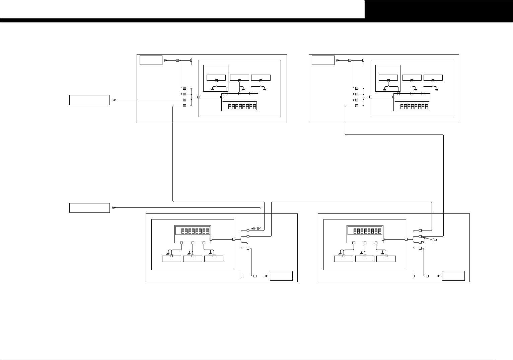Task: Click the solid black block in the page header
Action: tap(439, 9)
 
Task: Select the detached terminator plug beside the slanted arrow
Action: tap(435, 240)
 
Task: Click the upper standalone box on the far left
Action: tap(89, 100)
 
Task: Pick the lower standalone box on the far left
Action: tap(89, 208)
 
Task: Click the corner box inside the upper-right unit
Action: tap(323, 60)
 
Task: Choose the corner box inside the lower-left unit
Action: tap(281, 276)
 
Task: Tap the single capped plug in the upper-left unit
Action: tap(184, 94)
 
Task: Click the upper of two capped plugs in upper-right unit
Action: tap(356, 94)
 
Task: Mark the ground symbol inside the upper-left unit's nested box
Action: tap(212, 89)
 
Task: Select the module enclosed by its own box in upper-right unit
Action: tap(388, 78)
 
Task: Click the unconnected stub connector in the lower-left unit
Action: tap(247, 242)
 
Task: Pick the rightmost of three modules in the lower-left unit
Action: tap(214, 259)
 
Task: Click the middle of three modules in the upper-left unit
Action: tap(239, 78)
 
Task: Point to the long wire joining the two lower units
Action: tap(352, 202)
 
